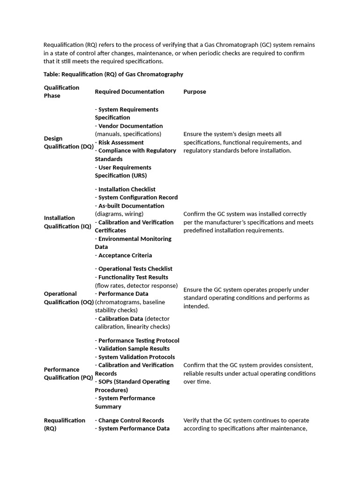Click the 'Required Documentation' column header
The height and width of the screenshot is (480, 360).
point(129,92)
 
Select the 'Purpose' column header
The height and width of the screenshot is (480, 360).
point(195,92)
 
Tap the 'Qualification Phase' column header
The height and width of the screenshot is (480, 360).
point(61,91)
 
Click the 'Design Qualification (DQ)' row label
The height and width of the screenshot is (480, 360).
point(68,142)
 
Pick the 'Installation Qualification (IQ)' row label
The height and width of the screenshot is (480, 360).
point(67,222)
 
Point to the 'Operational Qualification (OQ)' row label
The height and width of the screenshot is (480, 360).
point(69,298)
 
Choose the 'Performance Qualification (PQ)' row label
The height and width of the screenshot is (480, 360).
point(68,374)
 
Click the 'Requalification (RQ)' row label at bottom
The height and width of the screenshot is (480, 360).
point(64,424)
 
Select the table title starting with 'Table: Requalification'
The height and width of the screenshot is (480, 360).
point(113,75)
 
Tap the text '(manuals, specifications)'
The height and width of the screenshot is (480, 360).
point(128,134)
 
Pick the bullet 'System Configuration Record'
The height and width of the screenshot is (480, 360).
point(138,198)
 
